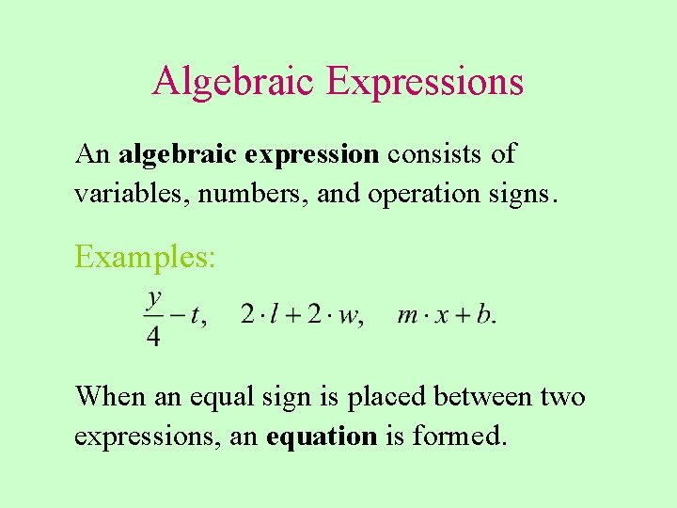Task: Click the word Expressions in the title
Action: click(425, 81)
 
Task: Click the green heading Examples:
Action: click(146, 256)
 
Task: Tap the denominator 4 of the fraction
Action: click(153, 336)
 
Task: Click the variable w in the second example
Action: click(347, 315)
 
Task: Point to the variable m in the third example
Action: click(407, 315)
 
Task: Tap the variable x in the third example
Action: click(441, 315)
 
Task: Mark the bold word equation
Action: click(321, 437)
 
